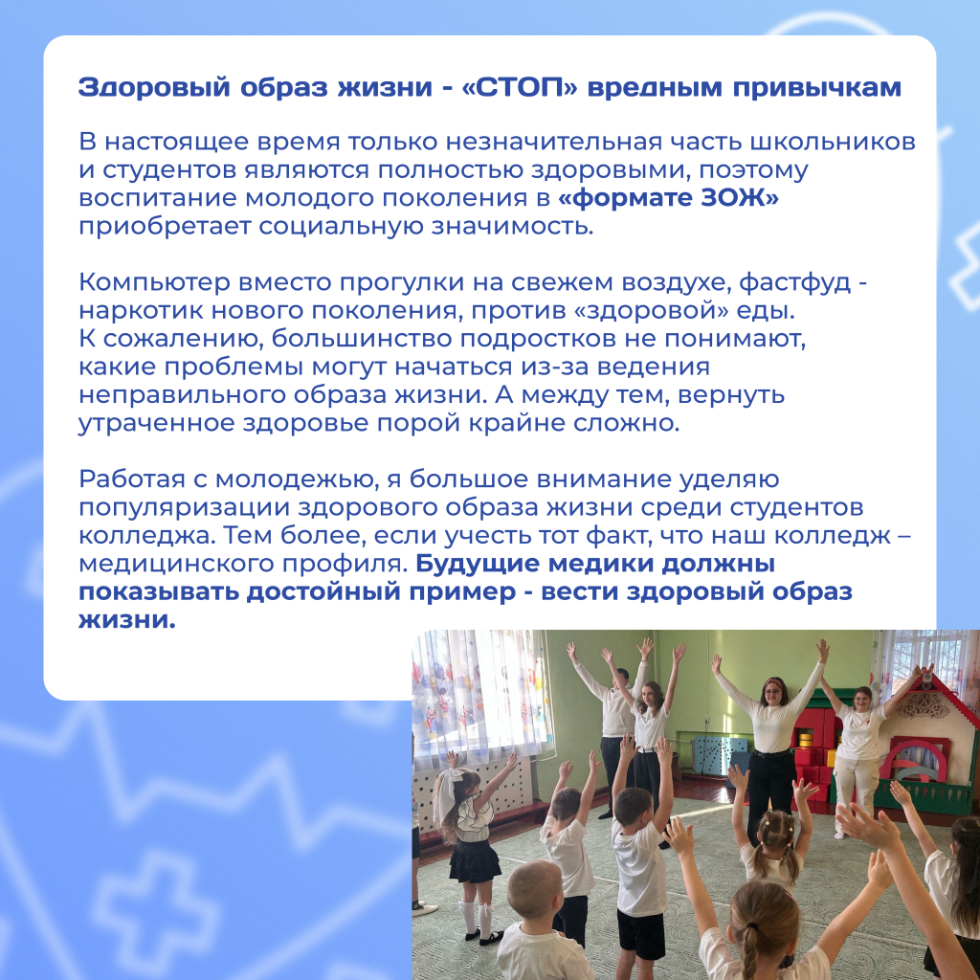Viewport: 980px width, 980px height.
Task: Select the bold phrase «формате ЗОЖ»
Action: point(668,198)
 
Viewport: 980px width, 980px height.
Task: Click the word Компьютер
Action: point(154,283)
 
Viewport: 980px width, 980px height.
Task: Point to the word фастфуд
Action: point(794,283)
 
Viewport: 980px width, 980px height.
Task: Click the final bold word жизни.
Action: point(127,619)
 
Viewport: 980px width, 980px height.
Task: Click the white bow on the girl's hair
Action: point(449,790)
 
